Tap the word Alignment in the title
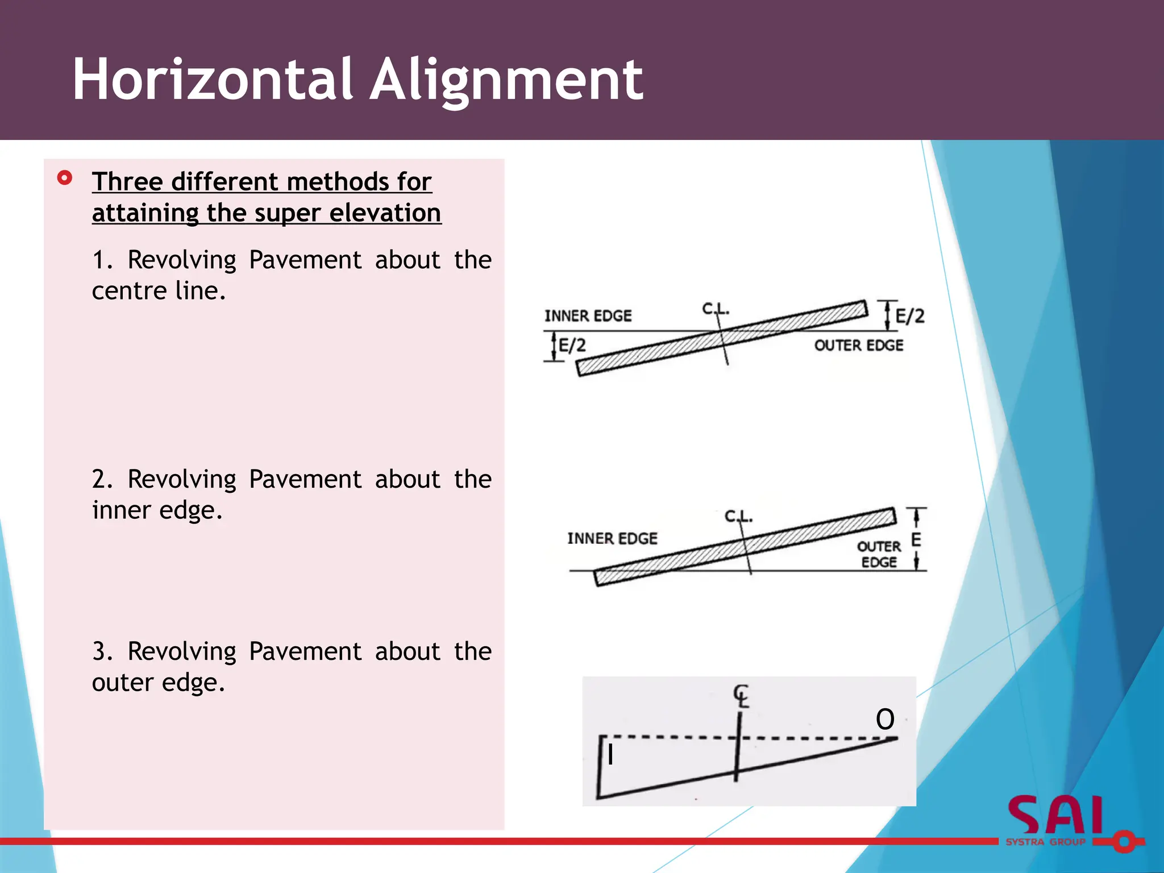click(506, 81)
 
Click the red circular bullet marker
click(65, 178)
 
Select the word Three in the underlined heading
click(128, 182)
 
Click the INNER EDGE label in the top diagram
click(588, 316)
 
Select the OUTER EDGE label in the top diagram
click(858, 346)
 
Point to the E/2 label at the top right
click(910, 316)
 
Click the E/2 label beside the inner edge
click(572, 346)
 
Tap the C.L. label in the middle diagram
click(738, 516)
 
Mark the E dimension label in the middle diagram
click(916, 539)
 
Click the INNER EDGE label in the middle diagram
click(612, 538)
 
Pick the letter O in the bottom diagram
click(885, 719)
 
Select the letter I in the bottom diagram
click(610, 755)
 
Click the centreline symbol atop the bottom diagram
click(741, 696)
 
